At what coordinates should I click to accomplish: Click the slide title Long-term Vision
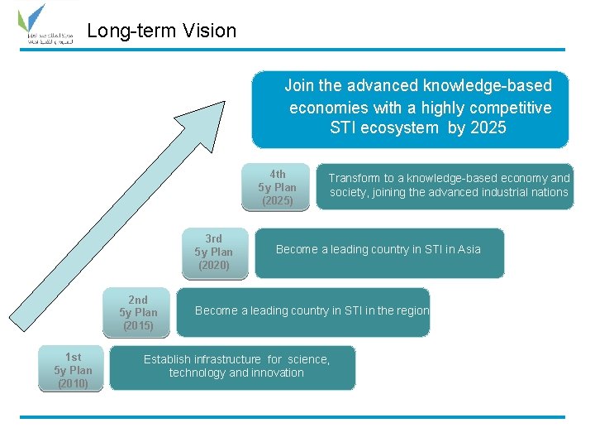[161, 31]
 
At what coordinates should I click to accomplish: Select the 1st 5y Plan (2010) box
[73, 370]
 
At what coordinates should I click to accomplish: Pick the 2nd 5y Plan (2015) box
[138, 313]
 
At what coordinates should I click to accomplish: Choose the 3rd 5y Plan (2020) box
[214, 252]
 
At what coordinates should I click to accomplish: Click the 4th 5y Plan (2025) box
[277, 187]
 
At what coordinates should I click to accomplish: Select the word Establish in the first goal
[167, 359]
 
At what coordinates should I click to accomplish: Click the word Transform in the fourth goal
[355, 178]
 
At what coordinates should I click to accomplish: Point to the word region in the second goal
[411, 311]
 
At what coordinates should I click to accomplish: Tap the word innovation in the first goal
[277, 373]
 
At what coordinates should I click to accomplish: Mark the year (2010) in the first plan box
[73, 383]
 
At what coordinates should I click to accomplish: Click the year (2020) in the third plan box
[214, 265]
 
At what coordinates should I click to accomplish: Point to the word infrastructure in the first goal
[228, 359]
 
